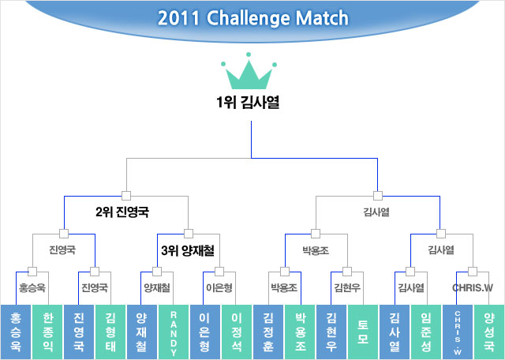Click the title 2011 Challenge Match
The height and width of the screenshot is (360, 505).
[x=252, y=18]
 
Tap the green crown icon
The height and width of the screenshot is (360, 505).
[x=252, y=72]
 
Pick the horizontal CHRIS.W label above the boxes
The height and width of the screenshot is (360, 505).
[x=473, y=287]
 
